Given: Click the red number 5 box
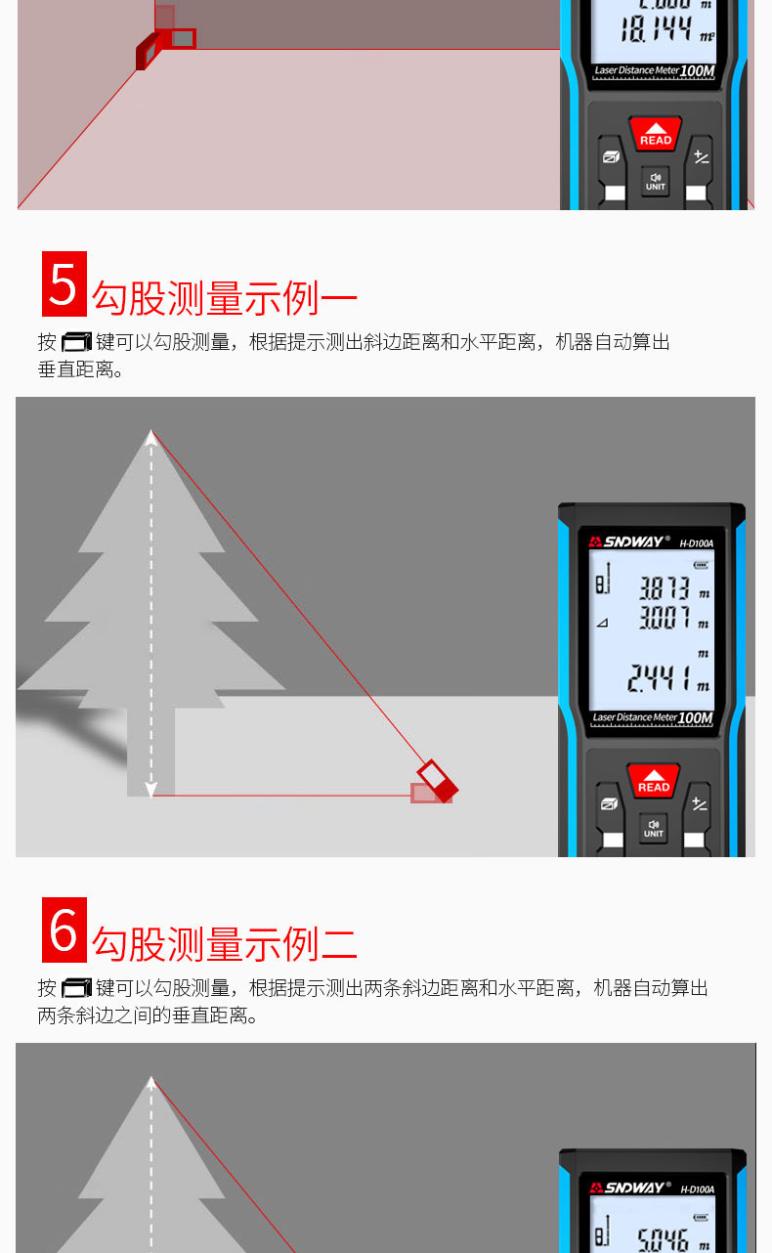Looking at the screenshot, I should [64, 283].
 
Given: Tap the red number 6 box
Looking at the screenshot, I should [64, 929].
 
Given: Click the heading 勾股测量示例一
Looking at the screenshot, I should [225, 298].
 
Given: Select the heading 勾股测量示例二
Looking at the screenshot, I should [225, 944].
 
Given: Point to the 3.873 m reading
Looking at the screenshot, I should [665, 588].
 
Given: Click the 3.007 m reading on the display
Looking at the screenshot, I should [665, 618].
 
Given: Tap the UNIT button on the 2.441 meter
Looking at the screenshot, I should [654, 828].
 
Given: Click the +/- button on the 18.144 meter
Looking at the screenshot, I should [701, 157].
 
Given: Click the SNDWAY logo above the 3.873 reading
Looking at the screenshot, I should [629, 540].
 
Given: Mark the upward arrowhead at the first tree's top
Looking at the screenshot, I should [150, 438].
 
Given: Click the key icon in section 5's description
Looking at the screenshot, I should [75, 342].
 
